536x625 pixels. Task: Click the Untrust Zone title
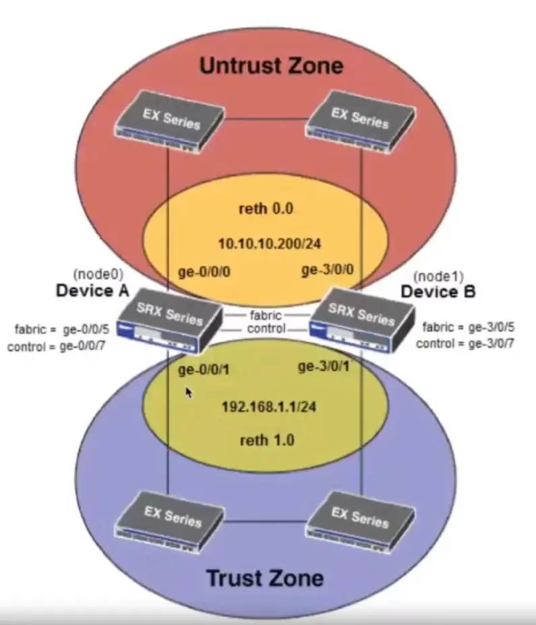pyautogui.click(x=271, y=66)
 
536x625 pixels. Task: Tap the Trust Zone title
pyautogui.click(x=264, y=578)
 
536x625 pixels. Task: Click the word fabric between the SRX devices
pyautogui.click(x=266, y=315)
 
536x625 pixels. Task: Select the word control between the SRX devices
pyautogui.click(x=266, y=329)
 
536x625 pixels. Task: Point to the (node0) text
pyautogui.click(x=94, y=275)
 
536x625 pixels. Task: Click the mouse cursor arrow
pyautogui.click(x=189, y=392)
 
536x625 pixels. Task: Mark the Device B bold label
pyautogui.click(x=438, y=292)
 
